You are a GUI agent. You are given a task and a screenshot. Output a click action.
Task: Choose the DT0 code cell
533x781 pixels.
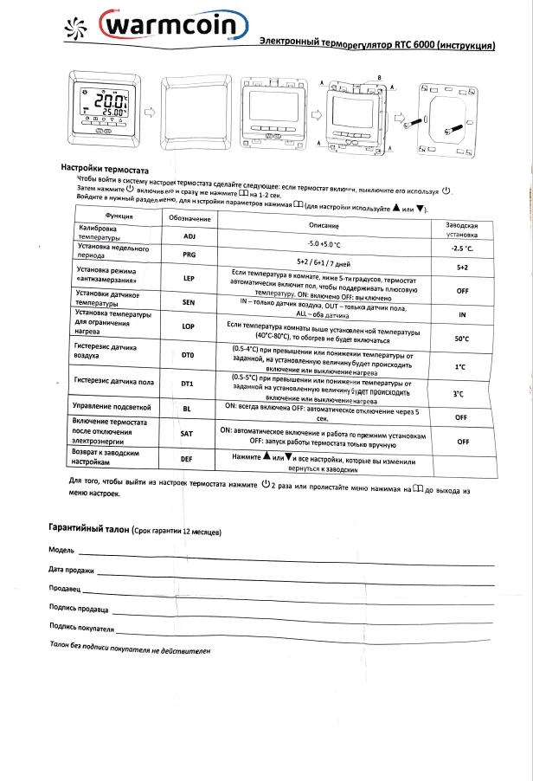pos(188,355)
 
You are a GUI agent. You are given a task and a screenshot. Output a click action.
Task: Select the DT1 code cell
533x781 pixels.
pos(187,383)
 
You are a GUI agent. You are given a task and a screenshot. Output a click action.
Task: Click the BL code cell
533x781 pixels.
pos(187,407)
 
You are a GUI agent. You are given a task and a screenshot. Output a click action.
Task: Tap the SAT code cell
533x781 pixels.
pos(186,432)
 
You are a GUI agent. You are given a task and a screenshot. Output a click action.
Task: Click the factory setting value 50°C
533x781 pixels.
pos(461,339)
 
